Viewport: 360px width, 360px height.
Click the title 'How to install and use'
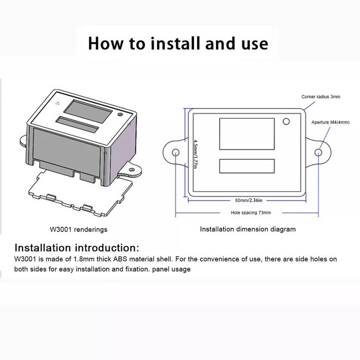coord(178,43)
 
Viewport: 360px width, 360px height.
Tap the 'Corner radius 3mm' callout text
coord(320,97)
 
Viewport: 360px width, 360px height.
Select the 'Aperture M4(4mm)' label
coord(331,122)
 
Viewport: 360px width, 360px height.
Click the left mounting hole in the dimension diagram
coord(175,153)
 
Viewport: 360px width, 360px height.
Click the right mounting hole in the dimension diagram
coord(319,153)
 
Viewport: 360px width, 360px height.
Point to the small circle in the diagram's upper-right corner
coord(286,122)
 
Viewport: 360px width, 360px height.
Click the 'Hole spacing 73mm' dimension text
coord(251,212)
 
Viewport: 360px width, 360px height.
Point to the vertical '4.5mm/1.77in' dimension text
coord(195,154)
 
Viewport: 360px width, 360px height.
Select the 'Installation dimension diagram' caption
coord(248,229)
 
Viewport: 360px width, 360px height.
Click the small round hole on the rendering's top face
coord(120,115)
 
